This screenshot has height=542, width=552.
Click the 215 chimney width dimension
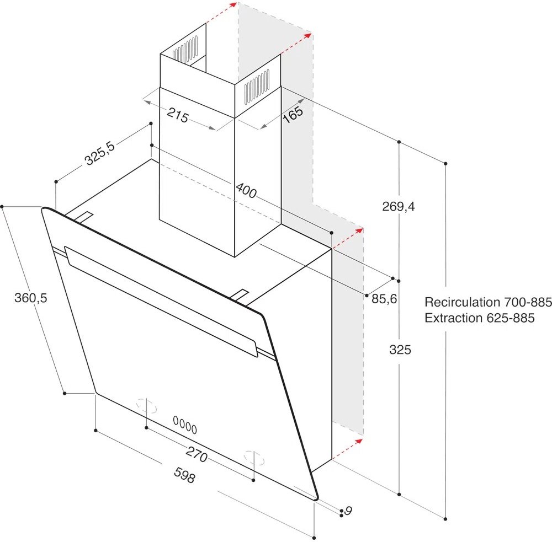coord(178,115)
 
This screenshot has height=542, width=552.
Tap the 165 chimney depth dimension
coord(293,114)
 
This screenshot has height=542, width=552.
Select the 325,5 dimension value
coord(100,153)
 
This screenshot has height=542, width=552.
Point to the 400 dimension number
coord(246,190)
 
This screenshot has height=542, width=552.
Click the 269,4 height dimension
coord(399,206)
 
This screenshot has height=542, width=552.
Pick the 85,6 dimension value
coord(384,299)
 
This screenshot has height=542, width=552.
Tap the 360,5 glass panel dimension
coord(30,298)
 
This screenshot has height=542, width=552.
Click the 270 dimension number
coord(197,454)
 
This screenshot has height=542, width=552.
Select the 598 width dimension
coord(184,475)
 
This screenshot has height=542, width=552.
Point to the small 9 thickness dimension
coord(348,511)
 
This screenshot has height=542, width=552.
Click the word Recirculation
coord(462,302)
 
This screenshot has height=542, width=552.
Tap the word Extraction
coord(453,318)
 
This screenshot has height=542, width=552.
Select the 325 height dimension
coord(400,350)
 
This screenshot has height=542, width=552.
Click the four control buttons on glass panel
coord(185,425)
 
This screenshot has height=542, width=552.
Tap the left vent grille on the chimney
coord(185,50)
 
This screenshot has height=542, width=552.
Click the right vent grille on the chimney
coord(257,87)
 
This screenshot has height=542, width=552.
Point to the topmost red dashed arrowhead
coord(233,4)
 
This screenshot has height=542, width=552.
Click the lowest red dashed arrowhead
coord(358,441)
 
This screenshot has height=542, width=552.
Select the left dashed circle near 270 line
coord(146,406)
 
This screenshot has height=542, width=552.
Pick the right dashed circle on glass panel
coord(254,458)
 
